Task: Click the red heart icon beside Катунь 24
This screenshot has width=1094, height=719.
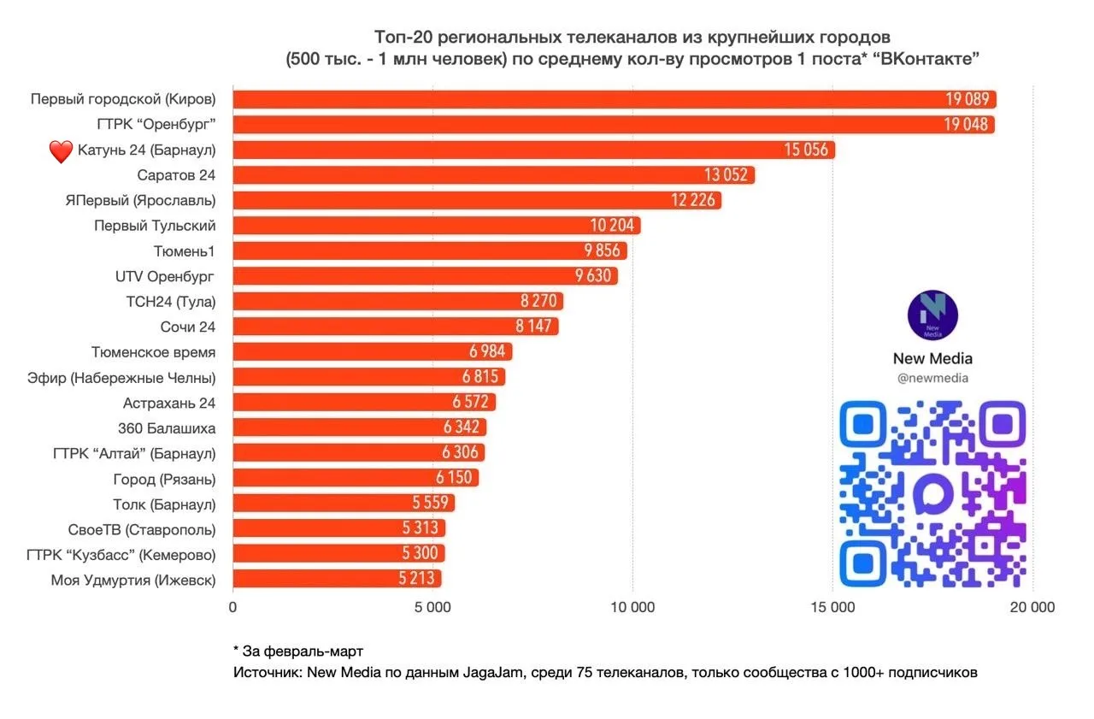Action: tap(61, 151)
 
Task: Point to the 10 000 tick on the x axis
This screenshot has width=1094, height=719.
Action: tap(632, 609)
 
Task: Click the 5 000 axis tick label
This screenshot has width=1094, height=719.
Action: tap(433, 609)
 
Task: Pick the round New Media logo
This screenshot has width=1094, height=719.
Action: tap(932, 315)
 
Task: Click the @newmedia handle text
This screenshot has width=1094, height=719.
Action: tap(932, 378)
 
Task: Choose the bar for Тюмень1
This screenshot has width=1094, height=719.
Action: tap(429, 250)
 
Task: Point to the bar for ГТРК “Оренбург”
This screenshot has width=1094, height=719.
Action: tap(613, 125)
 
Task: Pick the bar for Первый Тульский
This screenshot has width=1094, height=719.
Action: tap(436, 226)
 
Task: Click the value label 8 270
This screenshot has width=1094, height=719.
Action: tap(541, 302)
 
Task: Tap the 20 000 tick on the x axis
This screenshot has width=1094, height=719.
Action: tap(1032, 609)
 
